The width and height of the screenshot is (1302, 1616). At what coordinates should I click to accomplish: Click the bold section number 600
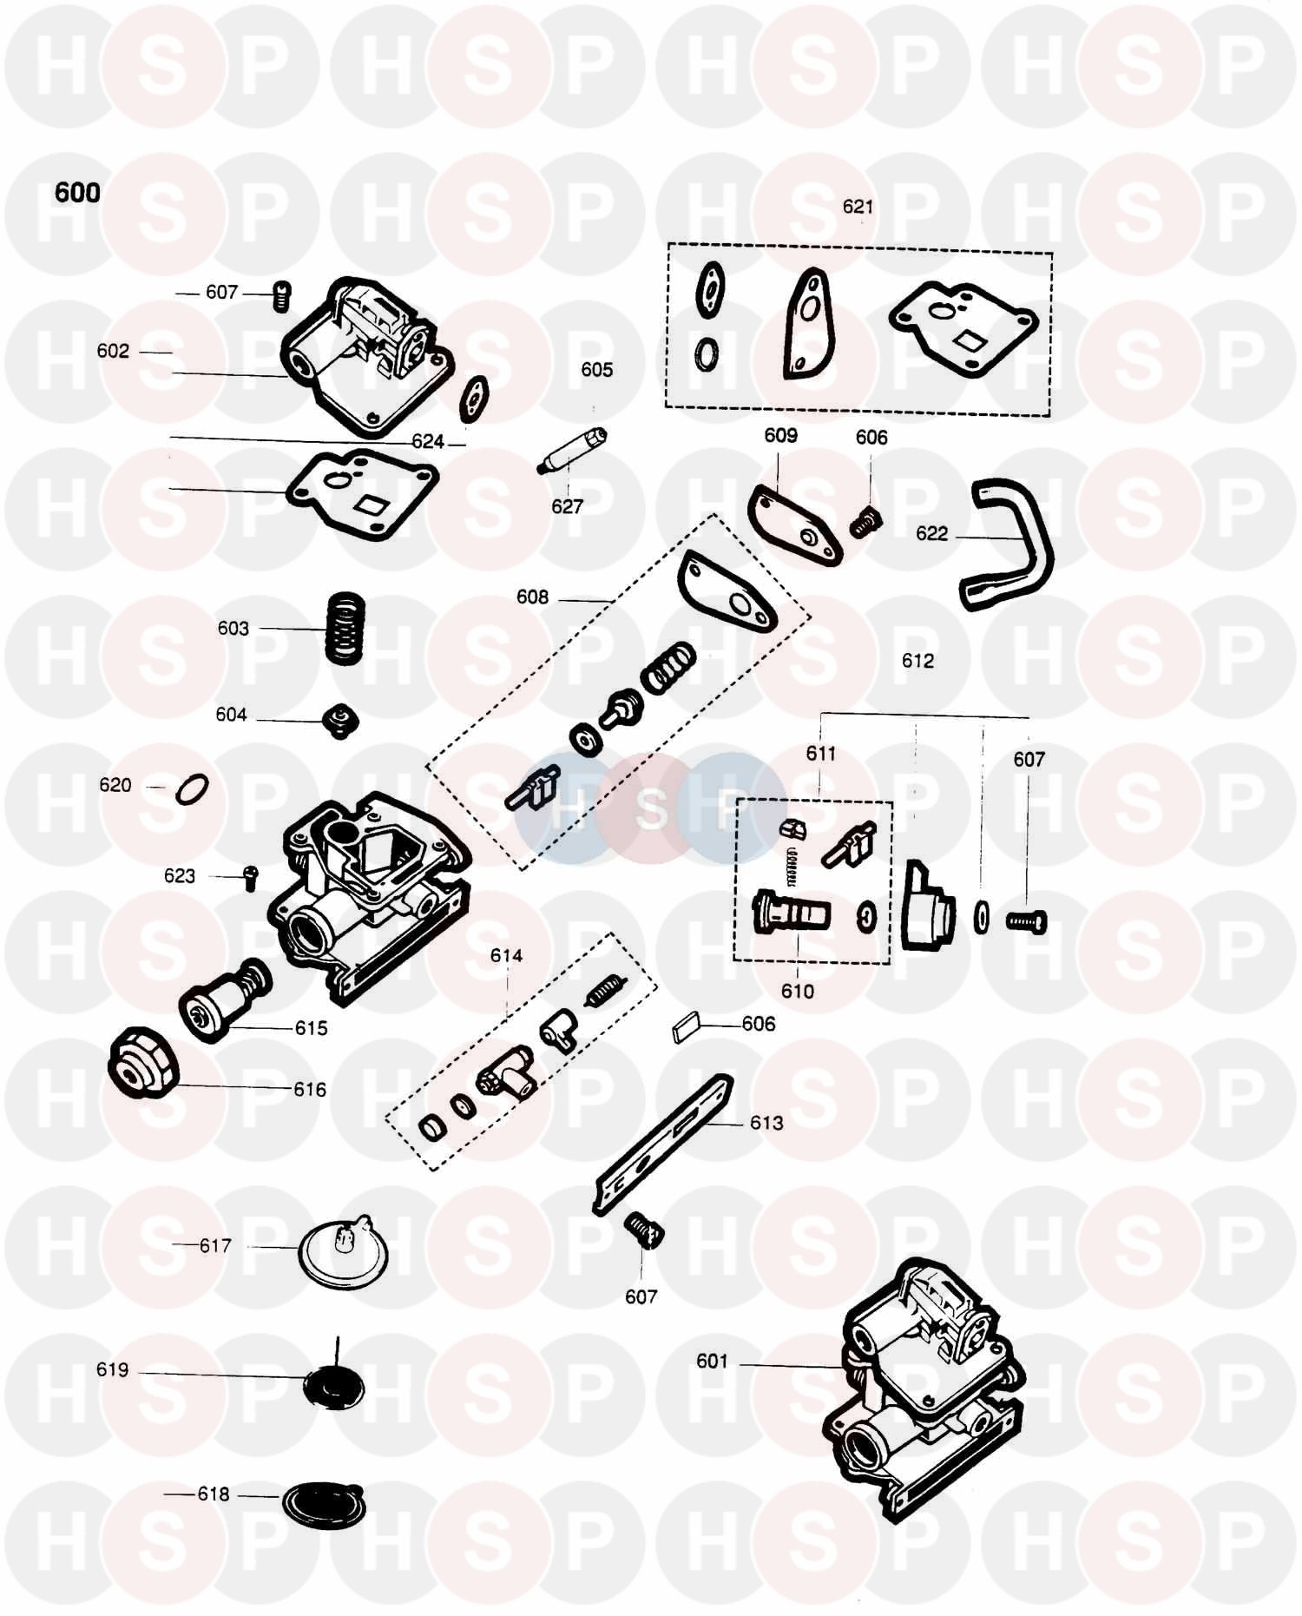(x=77, y=193)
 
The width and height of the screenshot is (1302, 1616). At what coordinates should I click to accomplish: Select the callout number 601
(x=712, y=1361)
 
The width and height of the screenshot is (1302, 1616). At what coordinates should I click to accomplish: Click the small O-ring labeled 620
(x=192, y=789)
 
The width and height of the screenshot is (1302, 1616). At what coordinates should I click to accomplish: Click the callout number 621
(x=858, y=207)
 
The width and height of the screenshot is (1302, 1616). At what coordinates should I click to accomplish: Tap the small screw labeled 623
(x=250, y=877)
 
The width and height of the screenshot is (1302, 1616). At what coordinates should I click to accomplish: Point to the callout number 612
(x=917, y=661)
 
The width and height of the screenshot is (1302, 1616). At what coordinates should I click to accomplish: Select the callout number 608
(x=532, y=597)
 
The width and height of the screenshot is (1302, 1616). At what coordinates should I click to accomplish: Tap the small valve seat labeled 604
(x=340, y=719)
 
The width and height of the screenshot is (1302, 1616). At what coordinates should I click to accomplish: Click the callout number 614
(x=506, y=956)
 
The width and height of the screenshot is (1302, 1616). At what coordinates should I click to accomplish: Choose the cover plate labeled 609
(x=794, y=525)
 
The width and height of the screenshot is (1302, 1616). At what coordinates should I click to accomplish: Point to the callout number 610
(x=797, y=991)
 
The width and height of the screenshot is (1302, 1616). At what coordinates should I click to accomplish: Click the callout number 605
(x=596, y=370)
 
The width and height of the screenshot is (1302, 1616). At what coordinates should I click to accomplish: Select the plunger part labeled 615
(x=224, y=999)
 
